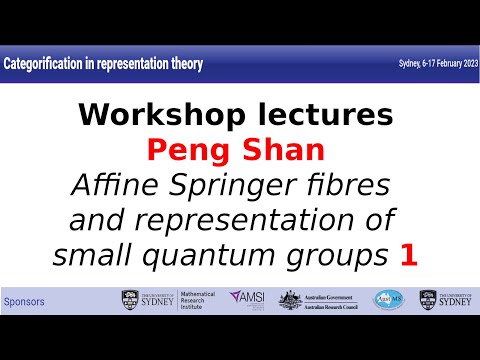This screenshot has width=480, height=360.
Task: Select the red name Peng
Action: pos(188,150)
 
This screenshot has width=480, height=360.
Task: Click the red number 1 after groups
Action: pos(408,256)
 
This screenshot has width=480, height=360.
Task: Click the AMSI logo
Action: pos(245,299)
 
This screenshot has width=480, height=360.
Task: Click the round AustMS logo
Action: pos(390,299)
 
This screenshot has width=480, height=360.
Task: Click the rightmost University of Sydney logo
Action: pos(444,299)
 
